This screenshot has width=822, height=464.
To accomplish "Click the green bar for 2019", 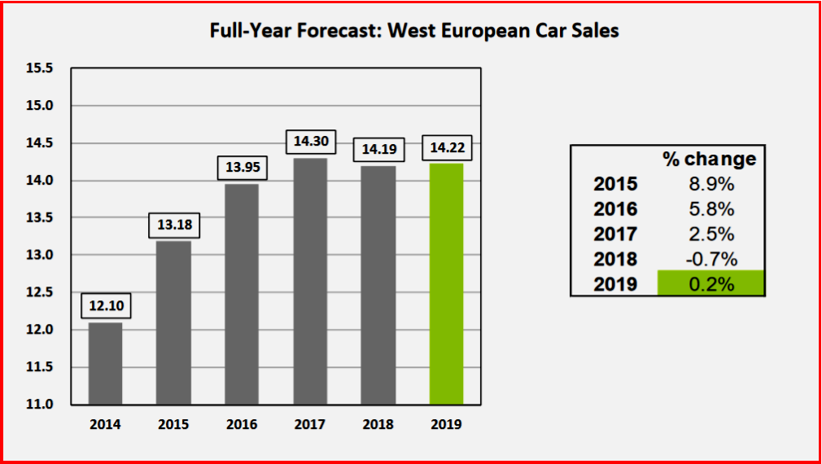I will coord(446,284).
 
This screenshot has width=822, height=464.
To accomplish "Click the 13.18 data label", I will coord(173,225).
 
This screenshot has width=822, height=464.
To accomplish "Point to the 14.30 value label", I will coord(310,142).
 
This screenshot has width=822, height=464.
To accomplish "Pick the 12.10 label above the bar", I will coord(105,306).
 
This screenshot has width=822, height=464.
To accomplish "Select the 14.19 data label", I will coord(378,150).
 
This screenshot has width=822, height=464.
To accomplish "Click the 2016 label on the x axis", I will coord(242,425).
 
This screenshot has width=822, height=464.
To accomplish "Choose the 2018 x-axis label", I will coord(378,425).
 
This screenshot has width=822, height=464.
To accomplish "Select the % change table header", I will coord(710,159).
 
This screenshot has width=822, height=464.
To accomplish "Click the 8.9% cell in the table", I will coord(711,184).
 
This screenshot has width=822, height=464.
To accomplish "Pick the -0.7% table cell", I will coord(711,260).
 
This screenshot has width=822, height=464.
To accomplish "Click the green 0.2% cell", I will coord(711,284).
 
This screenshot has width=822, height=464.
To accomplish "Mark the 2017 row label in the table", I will coord(616,234).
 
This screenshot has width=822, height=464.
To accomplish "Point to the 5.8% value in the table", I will coord(711,209).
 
